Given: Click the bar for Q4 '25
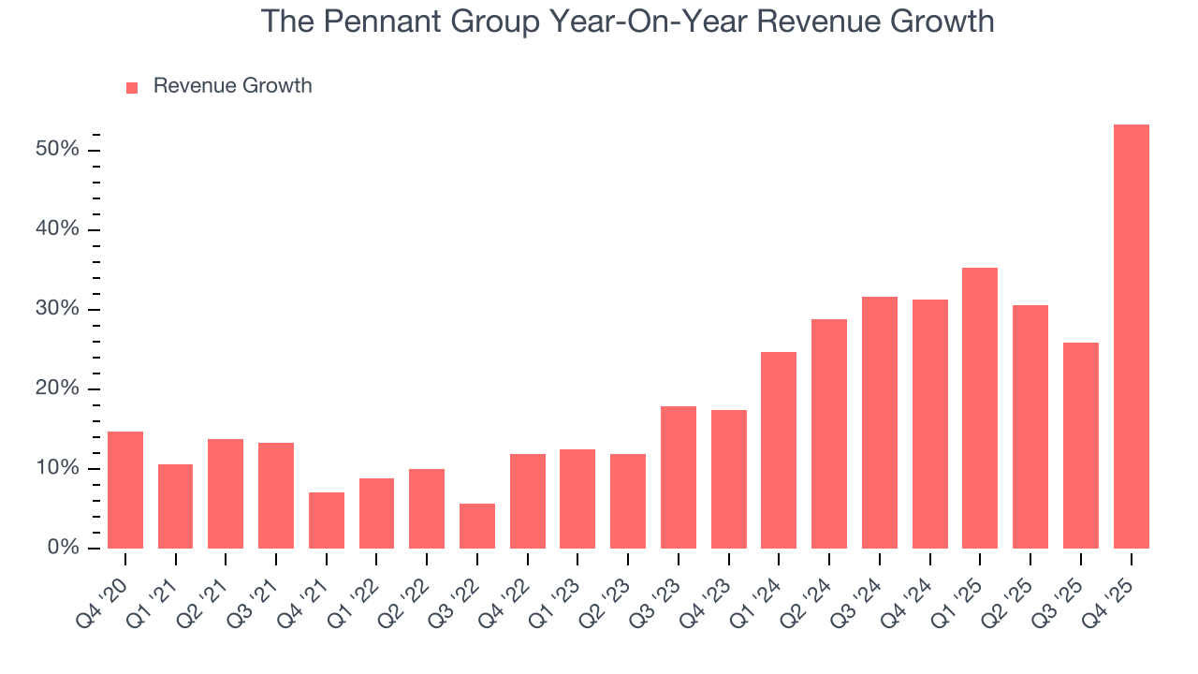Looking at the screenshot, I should [x=1131, y=337].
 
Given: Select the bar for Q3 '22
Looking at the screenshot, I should [x=476, y=526].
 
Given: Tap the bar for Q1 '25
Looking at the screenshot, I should [x=980, y=408].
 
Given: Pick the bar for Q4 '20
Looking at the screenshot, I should [x=125, y=490].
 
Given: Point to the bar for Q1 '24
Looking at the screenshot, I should [x=779, y=450].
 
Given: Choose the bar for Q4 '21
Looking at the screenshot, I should [x=326, y=520].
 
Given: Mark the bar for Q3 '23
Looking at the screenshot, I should [x=678, y=477].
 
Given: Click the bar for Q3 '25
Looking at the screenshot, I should [x=1080, y=446].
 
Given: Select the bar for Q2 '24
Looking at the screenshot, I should [x=829, y=433].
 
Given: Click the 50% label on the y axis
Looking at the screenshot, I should [x=57, y=151].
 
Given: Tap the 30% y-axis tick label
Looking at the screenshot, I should [x=57, y=310].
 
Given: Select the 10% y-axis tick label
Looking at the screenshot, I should [x=57, y=469].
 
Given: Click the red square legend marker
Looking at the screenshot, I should [x=132, y=87].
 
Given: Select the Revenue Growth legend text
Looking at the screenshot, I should [x=232, y=86].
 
